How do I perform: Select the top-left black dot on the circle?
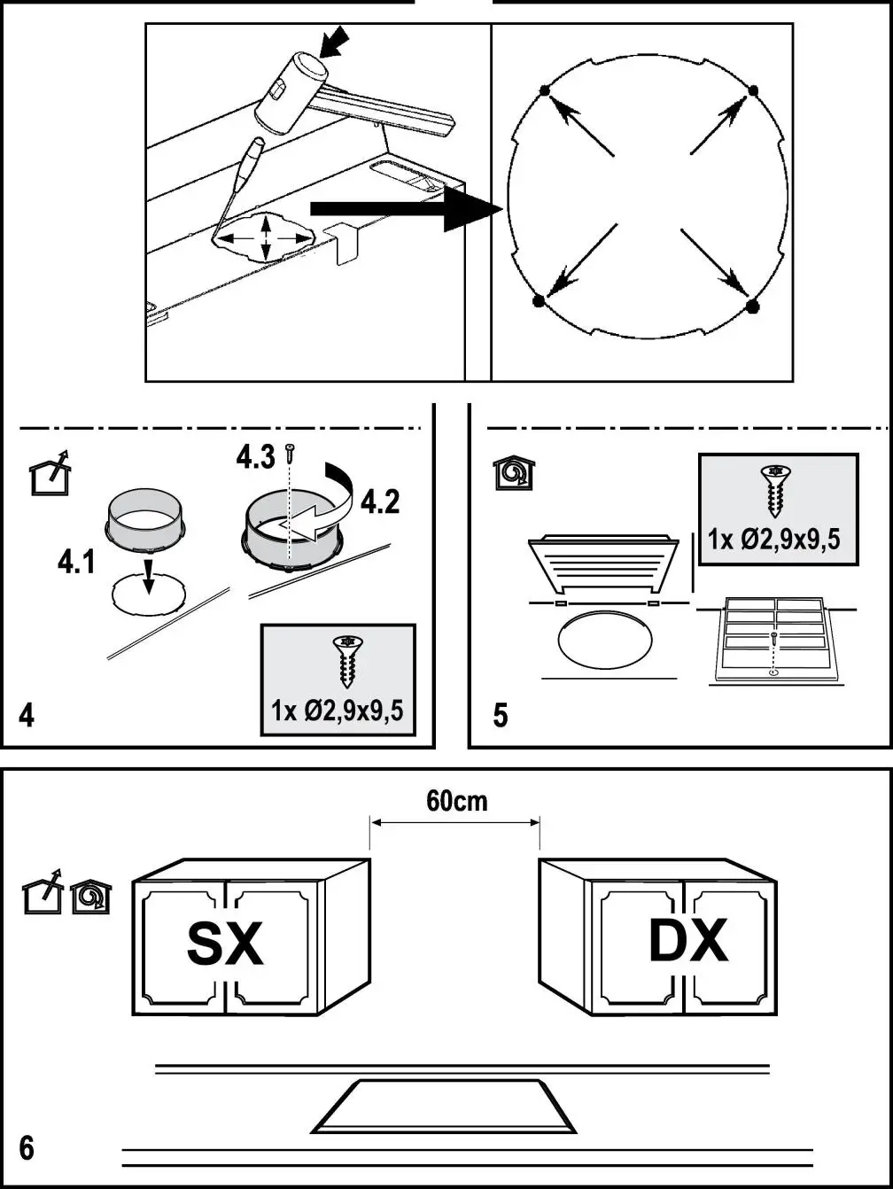[543, 90]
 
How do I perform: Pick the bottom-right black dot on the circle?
[752, 307]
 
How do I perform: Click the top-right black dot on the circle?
[753, 90]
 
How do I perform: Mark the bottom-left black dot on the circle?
[538, 302]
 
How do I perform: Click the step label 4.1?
[76, 563]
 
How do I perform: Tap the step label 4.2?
[379, 502]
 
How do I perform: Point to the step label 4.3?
[255, 457]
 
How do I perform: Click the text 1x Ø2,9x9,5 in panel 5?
[774, 539]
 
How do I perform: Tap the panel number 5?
[501, 716]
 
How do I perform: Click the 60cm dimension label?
[456, 801]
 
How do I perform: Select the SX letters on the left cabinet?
[225, 944]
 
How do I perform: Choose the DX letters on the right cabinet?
[688, 941]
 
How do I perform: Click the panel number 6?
[27, 1148]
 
